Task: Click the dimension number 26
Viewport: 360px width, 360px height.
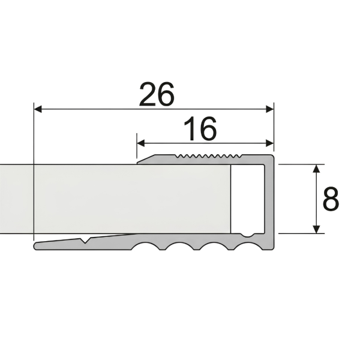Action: point(157,94)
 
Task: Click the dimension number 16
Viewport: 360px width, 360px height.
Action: point(200,128)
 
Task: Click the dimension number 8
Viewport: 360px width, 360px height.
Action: point(331,199)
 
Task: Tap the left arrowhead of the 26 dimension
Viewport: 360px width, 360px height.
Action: point(38,109)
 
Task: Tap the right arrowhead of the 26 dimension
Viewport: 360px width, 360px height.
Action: point(269,109)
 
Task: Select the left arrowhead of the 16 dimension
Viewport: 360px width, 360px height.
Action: point(141,143)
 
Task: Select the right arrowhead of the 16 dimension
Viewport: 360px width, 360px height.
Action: point(269,143)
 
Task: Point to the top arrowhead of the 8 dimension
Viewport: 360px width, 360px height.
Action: point(316,169)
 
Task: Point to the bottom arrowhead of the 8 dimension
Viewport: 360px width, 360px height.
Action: point(316,229)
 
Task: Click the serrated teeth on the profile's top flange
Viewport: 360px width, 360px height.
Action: point(208,157)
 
